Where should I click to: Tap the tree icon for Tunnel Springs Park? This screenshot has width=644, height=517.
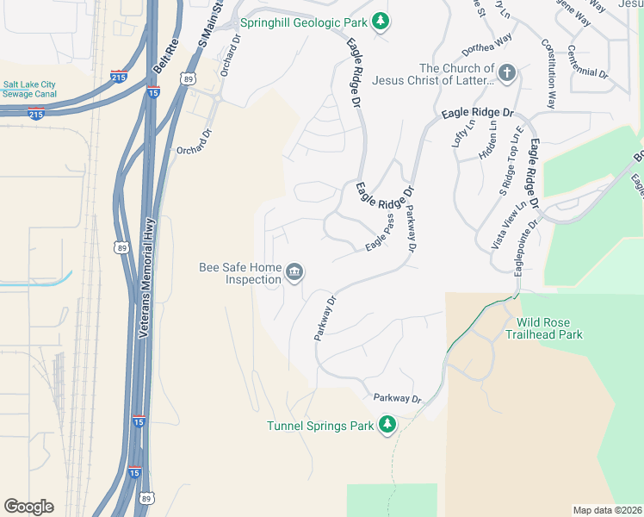click(388, 425)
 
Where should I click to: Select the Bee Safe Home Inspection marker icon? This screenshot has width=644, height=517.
click(294, 273)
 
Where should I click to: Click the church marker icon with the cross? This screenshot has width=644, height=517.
click(506, 73)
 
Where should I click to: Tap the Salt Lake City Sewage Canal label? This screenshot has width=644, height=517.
click(29, 89)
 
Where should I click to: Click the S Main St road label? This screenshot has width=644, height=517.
click(206, 26)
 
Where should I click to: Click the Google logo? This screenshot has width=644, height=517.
click(28, 507)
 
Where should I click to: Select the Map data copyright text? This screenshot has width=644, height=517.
click(607, 509)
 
